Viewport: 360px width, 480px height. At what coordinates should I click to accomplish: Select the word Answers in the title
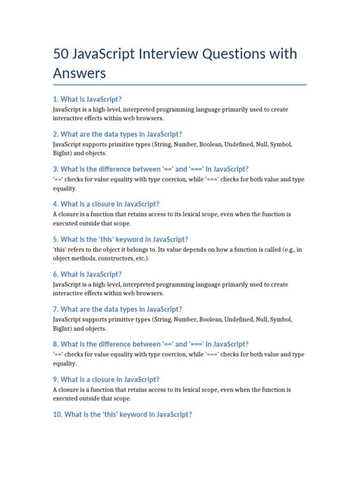[80, 73]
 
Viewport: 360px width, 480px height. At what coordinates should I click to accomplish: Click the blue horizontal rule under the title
[180, 85]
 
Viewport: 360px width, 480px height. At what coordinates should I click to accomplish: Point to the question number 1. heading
[56, 99]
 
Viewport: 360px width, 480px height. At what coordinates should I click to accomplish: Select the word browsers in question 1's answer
[149, 118]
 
